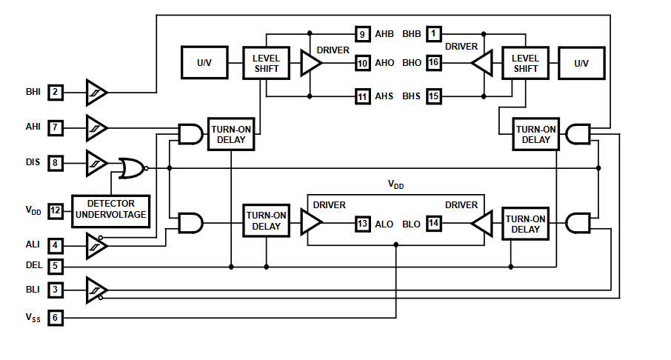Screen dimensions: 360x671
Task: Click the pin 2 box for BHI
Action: click(x=55, y=92)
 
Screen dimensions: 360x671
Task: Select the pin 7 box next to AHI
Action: click(x=55, y=127)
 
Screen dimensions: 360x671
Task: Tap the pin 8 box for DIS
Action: click(x=55, y=162)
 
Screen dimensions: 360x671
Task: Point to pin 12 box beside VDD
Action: click(x=55, y=210)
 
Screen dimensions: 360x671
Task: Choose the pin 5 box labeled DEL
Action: click(x=55, y=264)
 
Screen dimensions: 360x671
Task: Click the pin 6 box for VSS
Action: click(x=55, y=318)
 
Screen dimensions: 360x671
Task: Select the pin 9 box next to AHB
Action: click(x=363, y=34)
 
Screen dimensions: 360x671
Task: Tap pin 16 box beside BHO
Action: click(x=434, y=63)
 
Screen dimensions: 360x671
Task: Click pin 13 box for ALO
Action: click(x=363, y=224)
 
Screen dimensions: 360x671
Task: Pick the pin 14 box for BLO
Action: click(x=434, y=224)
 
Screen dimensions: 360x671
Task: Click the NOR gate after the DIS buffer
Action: click(x=132, y=167)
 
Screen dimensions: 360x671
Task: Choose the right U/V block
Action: click(x=581, y=63)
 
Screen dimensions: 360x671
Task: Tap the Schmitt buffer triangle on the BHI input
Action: click(x=96, y=92)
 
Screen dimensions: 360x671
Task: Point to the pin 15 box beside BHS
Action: click(x=434, y=96)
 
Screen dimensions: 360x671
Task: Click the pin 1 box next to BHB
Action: click(x=434, y=34)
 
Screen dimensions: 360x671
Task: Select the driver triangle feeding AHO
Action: click(x=310, y=63)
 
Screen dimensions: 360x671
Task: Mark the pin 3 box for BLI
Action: click(x=55, y=290)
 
